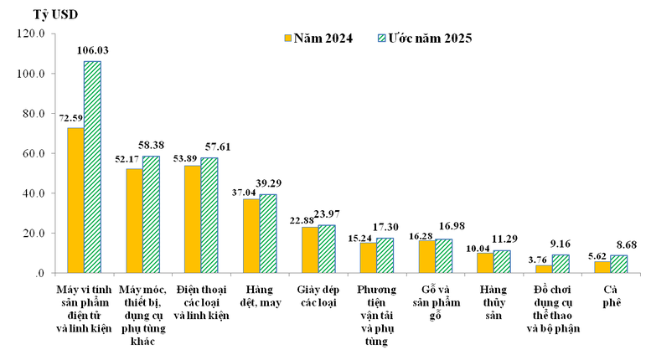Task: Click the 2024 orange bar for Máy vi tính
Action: click(75, 200)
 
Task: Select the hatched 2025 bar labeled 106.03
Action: click(92, 167)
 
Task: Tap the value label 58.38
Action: click(152, 145)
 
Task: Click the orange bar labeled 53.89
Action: click(192, 219)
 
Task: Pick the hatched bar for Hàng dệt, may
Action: click(267, 234)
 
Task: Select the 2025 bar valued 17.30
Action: click(385, 255)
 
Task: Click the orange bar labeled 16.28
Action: click(426, 256)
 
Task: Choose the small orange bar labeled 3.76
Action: click(544, 269)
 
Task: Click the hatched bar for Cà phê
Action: click(618, 264)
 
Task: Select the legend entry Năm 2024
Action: click(317, 38)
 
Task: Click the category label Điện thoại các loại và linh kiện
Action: click(200, 302)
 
